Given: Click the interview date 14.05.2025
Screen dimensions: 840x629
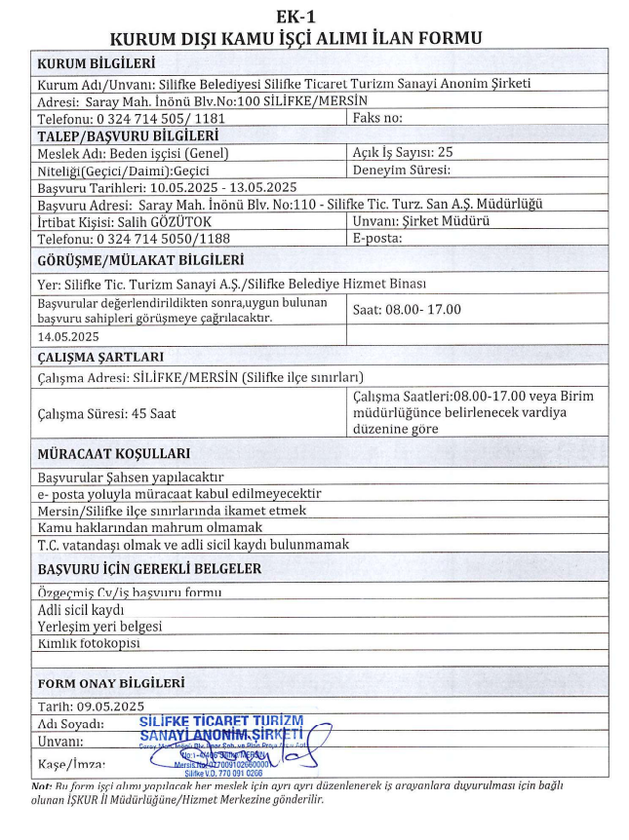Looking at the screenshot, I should point(69,334).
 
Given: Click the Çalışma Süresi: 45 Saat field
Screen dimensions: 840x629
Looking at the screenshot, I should point(106,413).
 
